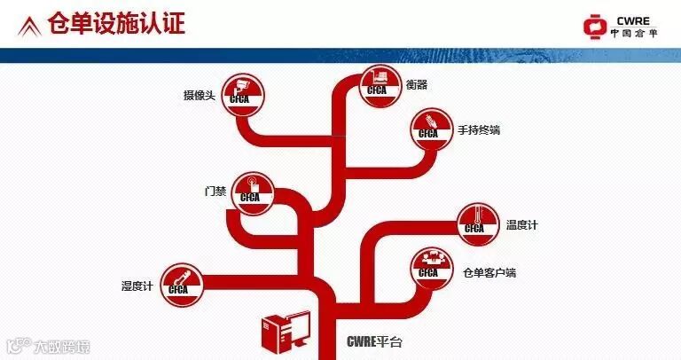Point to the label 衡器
[416, 84]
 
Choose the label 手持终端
[479, 130]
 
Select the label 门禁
[215, 192]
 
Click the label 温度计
[521, 225]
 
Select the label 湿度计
[137, 286]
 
